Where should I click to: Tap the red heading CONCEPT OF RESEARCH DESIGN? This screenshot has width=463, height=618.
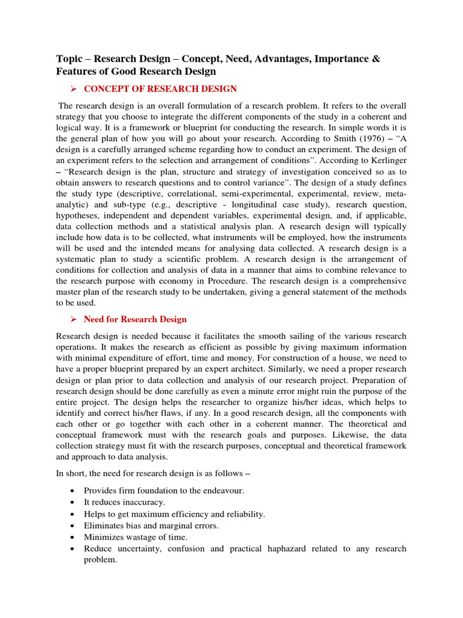point(160,89)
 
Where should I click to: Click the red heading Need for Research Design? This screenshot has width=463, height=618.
point(135,319)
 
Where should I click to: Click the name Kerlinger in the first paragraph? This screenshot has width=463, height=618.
point(387,161)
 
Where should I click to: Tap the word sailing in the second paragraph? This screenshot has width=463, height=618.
point(278,336)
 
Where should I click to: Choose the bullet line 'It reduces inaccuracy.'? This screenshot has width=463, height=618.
point(124,502)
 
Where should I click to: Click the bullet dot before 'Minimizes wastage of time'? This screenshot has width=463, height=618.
point(72,537)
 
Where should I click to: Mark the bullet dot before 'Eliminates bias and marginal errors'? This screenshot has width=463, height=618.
point(72,526)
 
